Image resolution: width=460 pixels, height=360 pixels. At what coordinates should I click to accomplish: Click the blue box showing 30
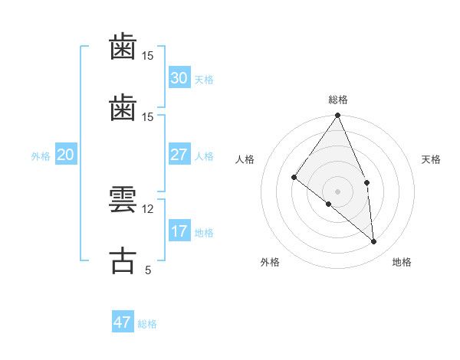tap(179, 78)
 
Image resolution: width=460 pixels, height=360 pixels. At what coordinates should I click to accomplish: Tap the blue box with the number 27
tap(179, 155)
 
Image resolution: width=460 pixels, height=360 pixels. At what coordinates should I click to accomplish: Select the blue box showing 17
tap(179, 231)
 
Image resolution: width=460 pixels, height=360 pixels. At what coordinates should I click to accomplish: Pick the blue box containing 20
tap(65, 155)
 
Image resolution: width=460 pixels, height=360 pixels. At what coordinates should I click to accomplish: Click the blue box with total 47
tap(123, 322)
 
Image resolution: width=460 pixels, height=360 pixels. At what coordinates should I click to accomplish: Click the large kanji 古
tap(123, 260)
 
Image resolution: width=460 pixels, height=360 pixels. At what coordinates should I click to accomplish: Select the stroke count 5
tap(147, 270)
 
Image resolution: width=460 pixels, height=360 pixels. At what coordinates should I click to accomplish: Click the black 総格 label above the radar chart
tap(338, 100)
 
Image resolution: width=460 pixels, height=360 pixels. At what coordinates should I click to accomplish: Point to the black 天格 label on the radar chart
tap(431, 159)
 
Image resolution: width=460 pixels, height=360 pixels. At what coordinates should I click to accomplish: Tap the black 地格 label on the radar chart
tap(402, 262)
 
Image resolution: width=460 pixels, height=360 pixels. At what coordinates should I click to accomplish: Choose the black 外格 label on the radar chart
tap(270, 262)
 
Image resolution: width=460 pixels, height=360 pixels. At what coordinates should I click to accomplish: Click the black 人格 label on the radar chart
tap(245, 159)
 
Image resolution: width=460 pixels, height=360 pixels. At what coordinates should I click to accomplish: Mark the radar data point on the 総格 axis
tap(338, 116)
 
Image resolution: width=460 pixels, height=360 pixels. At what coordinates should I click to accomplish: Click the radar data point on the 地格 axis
tap(373, 241)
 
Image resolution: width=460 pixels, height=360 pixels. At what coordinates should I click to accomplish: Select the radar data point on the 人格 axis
tap(294, 178)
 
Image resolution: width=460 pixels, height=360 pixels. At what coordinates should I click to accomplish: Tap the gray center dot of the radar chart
tap(338, 191)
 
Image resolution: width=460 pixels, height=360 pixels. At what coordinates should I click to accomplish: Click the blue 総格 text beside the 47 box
tap(147, 324)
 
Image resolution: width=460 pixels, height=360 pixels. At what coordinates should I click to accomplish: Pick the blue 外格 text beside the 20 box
tap(41, 156)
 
